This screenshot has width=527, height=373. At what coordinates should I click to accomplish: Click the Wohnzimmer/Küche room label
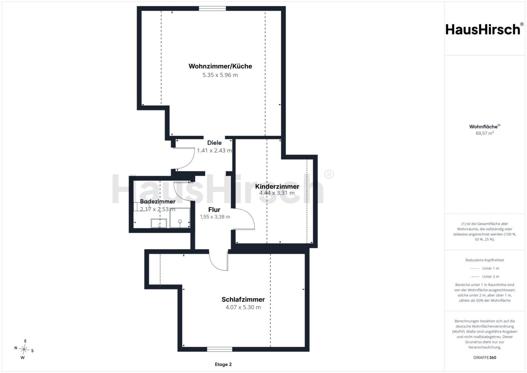pos(220,66)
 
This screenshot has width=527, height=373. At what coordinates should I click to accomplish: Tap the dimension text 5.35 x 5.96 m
pos(220,75)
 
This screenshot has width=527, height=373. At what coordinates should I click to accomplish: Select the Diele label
pos(214,143)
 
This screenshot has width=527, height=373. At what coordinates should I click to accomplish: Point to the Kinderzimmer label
pos(277,186)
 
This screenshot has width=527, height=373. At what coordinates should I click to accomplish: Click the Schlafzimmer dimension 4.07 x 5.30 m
pos(243,307)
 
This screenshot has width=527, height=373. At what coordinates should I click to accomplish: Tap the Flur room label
pos(214,210)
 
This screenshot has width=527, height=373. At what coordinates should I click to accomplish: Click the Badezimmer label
pos(158,202)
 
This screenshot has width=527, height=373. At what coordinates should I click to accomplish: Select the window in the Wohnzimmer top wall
pos(213,9)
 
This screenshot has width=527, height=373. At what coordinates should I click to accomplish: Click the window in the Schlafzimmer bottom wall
pos(219,349)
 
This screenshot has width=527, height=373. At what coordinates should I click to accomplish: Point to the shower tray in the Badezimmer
pos(180,218)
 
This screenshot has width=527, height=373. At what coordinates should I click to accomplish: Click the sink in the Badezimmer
pos(159,223)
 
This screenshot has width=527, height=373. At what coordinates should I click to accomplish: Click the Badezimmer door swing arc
pos(179,195)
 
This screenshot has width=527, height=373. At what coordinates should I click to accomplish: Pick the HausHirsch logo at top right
pos(485,29)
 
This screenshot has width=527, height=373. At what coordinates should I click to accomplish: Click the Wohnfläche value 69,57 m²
pos(485,133)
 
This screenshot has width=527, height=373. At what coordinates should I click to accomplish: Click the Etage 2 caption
pos(223,364)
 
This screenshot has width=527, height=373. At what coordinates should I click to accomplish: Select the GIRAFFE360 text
pos(485,357)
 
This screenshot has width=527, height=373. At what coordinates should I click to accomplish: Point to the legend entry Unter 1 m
pos(485,268)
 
